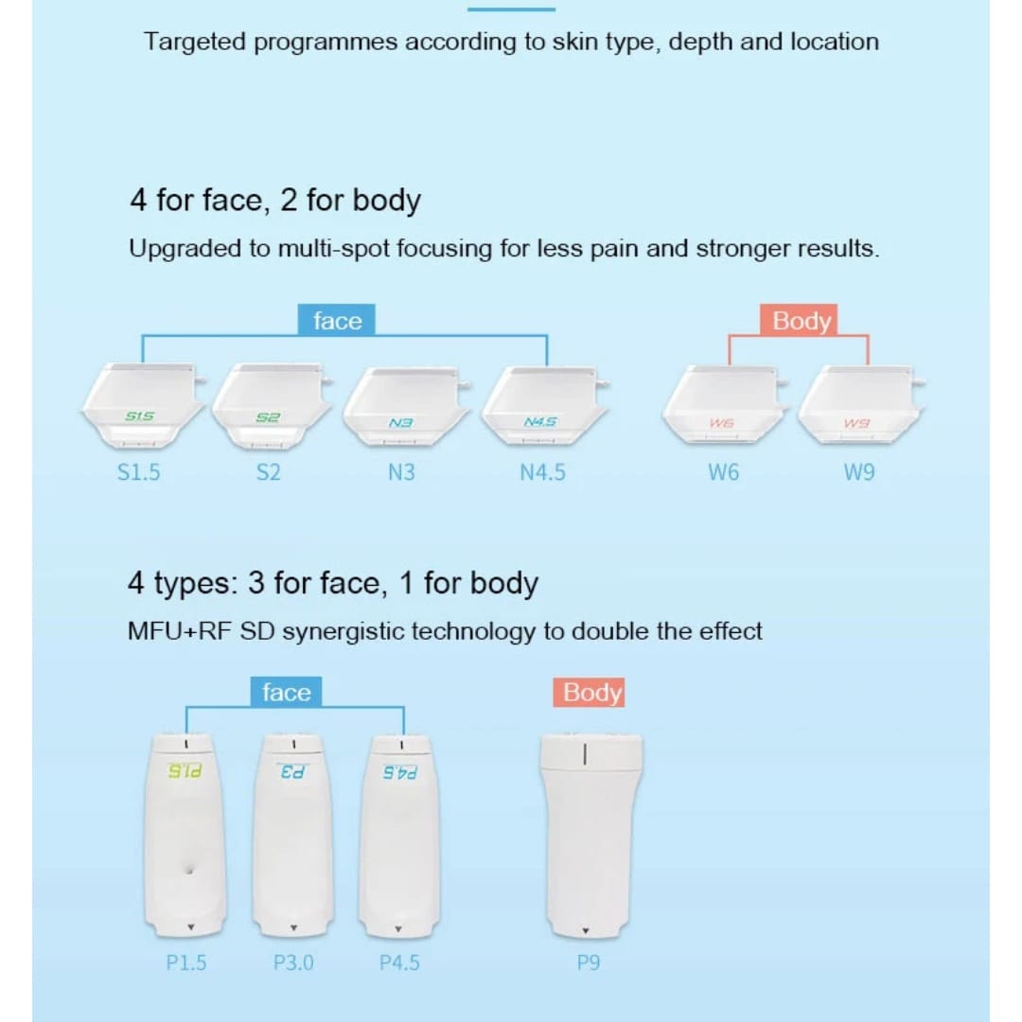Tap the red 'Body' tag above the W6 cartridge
click(799, 320)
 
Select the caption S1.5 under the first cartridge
click(139, 472)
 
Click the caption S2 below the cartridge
click(269, 472)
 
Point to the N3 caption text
click(401, 472)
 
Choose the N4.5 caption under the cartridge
click(543, 472)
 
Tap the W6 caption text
click(724, 472)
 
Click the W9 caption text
click(859, 472)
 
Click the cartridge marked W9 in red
click(860, 405)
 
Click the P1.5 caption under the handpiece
click(186, 962)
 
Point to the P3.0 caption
click(293, 962)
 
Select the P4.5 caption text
click(399, 962)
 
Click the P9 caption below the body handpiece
click(589, 962)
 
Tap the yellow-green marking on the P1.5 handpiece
click(185, 771)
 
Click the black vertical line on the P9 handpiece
click(586, 755)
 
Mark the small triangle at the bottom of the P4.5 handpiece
click(398, 929)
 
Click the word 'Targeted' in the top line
click(195, 43)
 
